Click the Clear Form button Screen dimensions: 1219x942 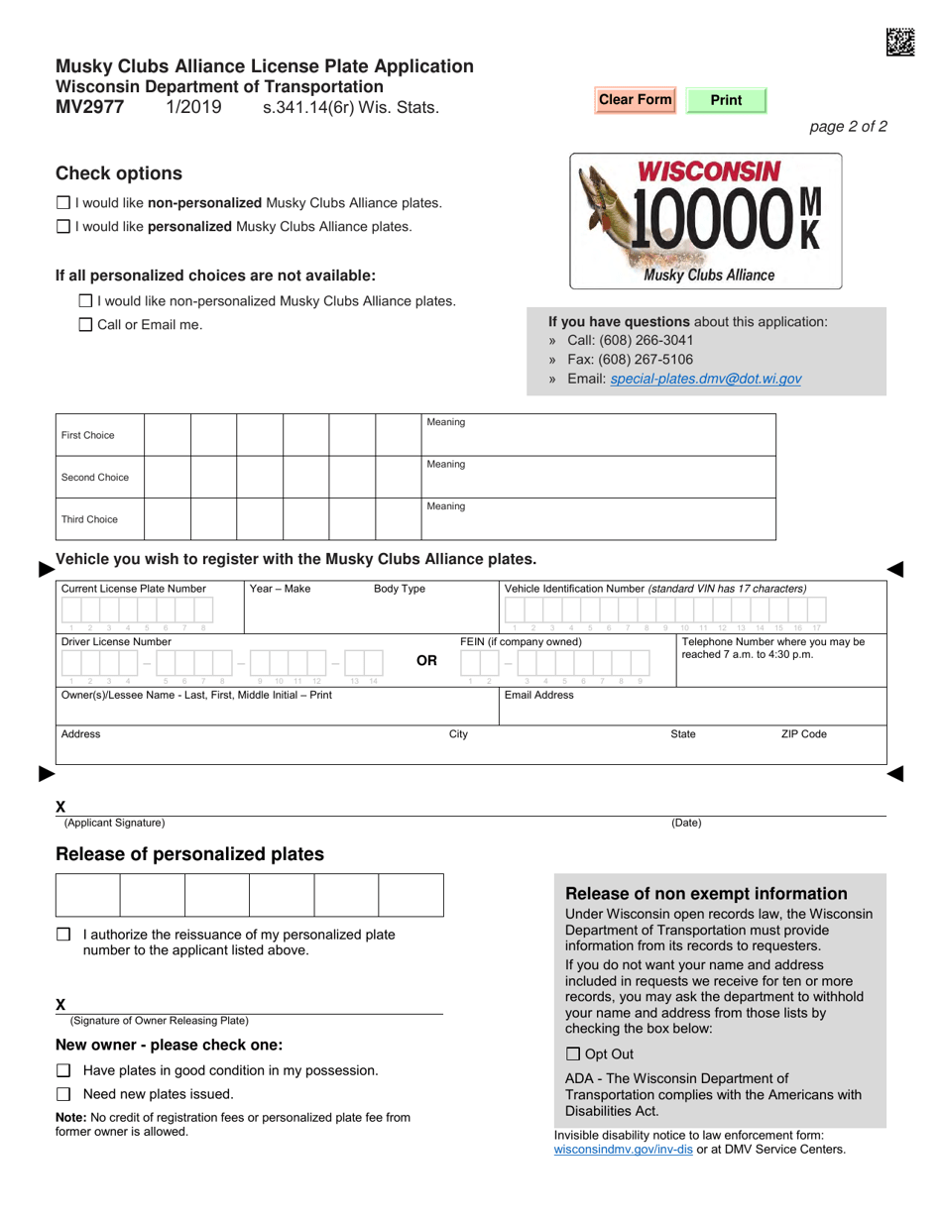pos(635,100)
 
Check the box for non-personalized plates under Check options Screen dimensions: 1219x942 pos(63,203)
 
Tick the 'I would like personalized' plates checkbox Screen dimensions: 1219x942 pos(63,227)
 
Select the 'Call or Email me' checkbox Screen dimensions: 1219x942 pos(85,325)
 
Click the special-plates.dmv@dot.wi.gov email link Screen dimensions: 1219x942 pos(706,379)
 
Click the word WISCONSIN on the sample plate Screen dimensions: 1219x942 pos(708,171)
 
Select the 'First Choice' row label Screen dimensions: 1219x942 pos(88,435)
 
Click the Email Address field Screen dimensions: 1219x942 pos(691,710)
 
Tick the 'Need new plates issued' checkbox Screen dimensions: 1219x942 pos(63,1095)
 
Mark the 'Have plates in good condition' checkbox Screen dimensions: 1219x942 pos(63,1071)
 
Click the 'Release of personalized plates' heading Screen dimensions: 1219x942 pos(189,854)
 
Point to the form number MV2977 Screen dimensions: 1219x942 pos(90,107)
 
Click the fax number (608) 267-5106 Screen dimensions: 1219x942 pos(644,360)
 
